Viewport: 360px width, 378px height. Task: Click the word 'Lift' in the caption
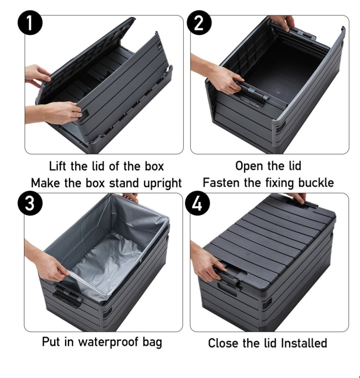59,167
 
